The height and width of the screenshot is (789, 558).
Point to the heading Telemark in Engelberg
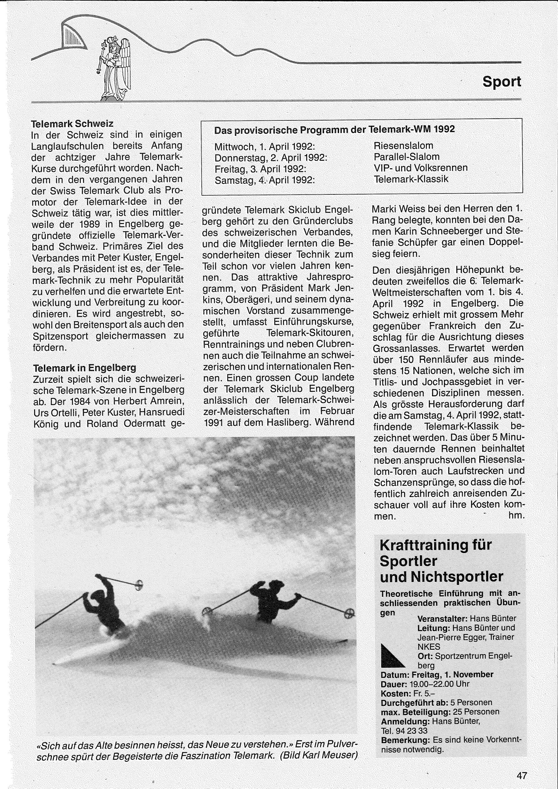coord(84,368)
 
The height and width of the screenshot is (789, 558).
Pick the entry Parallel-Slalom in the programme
coord(407,157)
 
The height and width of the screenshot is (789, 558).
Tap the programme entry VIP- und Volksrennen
coord(421,168)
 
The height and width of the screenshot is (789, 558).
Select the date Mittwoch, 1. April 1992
coord(265,146)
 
